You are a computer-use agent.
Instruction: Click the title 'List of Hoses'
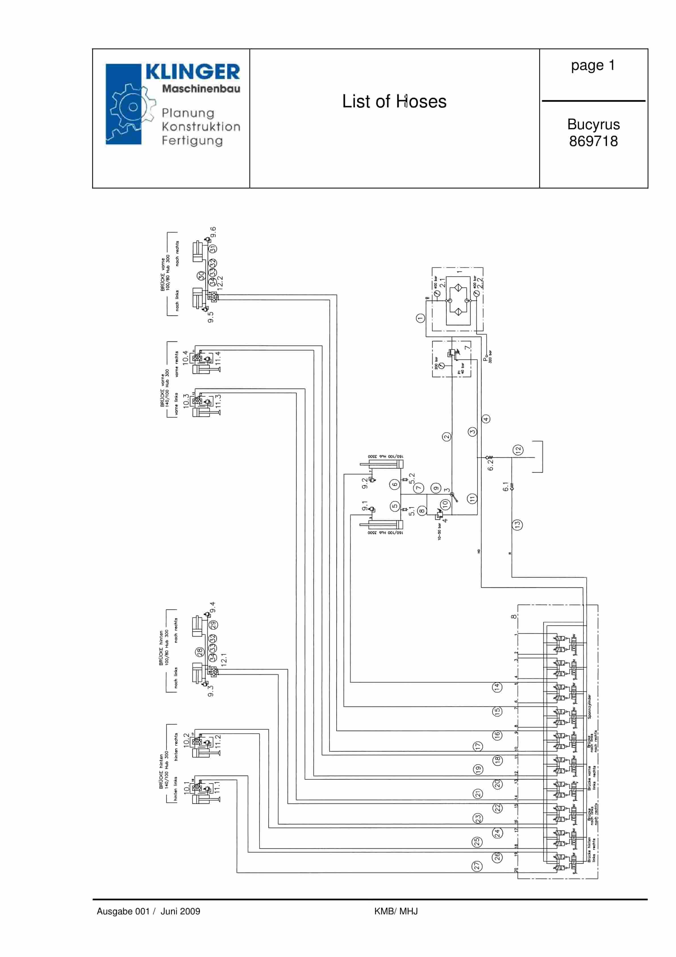pyautogui.click(x=394, y=101)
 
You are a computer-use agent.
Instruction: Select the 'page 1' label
pyautogui.click(x=593, y=65)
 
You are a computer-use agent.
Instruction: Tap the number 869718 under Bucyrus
pyautogui.click(x=593, y=141)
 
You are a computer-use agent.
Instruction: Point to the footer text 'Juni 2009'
pyautogui.click(x=180, y=911)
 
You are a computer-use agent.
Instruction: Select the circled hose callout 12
pyautogui.click(x=518, y=450)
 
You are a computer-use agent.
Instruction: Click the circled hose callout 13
pyautogui.click(x=517, y=525)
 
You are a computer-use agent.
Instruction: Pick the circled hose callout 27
pyautogui.click(x=477, y=866)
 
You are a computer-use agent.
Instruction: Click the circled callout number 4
pyautogui.click(x=486, y=419)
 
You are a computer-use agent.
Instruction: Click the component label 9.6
pyautogui.click(x=213, y=232)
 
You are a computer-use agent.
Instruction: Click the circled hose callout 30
pyautogui.click(x=202, y=276)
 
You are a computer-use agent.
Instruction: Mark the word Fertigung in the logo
pyautogui.click(x=192, y=140)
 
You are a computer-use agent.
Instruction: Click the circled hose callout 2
pyautogui.click(x=447, y=437)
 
